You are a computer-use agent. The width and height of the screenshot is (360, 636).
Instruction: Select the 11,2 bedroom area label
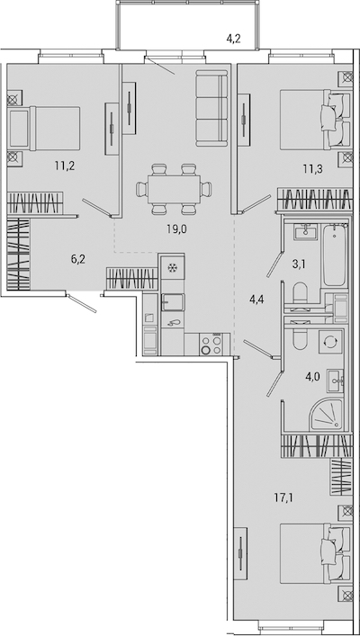tap(64, 166)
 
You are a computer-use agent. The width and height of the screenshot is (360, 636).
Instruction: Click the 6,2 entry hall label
tap(77, 260)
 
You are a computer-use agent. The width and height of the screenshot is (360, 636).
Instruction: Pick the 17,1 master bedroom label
tap(283, 497)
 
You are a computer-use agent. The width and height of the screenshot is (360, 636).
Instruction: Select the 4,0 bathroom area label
tap(313, 377)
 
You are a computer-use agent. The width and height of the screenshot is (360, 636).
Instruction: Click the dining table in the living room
tap(174, 189)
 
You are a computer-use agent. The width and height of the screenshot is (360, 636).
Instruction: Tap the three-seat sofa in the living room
tap(211, 108)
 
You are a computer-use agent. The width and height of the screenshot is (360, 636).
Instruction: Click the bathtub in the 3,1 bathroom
tap(335, 255)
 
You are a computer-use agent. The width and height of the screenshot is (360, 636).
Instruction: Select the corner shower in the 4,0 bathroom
tap(327, 415)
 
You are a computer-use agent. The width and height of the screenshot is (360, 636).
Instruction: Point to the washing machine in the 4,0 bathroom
tap(330, 342)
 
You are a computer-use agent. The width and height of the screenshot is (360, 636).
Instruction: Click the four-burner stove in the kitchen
tap(211, 345)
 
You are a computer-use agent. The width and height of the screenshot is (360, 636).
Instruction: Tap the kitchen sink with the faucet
tap(173, 302)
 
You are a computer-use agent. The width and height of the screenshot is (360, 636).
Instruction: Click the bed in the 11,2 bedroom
tap(44, 128)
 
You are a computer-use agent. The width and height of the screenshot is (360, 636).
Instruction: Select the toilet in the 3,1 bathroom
tap(301, 293)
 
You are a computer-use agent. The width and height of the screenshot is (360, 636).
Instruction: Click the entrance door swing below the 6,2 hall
tap(83, 304)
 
